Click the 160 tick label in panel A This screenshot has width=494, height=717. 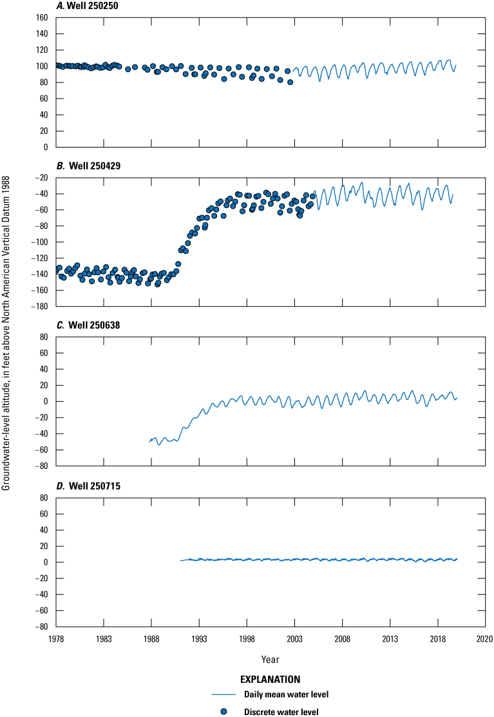click(43, 17)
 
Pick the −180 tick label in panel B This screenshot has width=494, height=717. click(40, 307)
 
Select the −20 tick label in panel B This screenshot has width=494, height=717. click(42, 178)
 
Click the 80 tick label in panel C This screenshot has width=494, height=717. click(45, 337)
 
